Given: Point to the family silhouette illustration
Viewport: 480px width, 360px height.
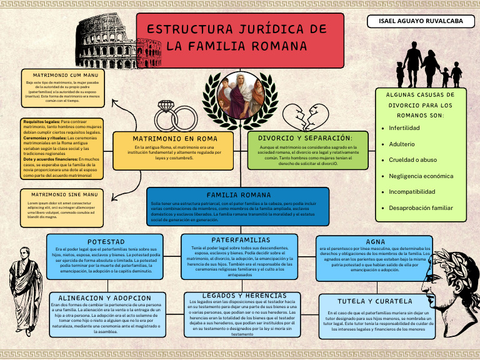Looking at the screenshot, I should click(429, 65).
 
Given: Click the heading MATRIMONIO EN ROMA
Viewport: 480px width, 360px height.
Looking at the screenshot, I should click(175, 138).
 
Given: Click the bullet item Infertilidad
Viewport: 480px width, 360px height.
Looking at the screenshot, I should click(404, 127).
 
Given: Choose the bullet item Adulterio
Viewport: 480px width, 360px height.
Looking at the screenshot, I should click(401, 144).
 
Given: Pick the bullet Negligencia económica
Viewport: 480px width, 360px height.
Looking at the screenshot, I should click(421, 176).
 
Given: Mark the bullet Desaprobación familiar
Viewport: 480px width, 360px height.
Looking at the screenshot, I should click(421, 207).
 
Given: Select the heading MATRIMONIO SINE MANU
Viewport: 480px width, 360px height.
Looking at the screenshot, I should click(64, 195).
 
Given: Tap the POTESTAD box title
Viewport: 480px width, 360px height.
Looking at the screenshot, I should click(106, 241).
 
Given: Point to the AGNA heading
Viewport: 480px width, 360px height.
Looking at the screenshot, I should click(375, 241).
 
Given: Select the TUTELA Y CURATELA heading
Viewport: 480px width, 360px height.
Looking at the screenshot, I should click(375, 301).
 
